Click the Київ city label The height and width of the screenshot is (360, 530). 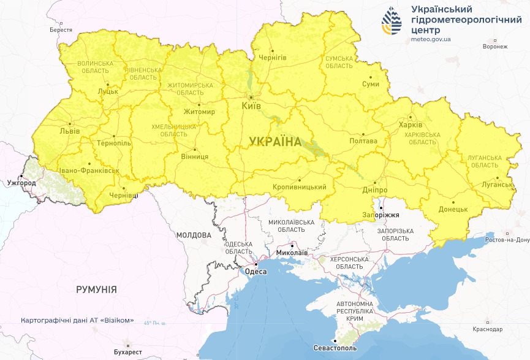[251, 106]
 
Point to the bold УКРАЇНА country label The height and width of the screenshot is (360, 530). [275, 142]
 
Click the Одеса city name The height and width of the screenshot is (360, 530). [255, 271]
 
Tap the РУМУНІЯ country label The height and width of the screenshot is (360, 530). [96, 289]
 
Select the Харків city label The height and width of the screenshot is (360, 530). [410, 124]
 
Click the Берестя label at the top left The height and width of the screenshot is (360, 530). [61, 30]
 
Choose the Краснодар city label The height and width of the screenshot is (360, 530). [488, 329]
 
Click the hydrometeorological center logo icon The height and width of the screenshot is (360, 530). [393, 23]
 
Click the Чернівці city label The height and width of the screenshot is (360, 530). [123, 195]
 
